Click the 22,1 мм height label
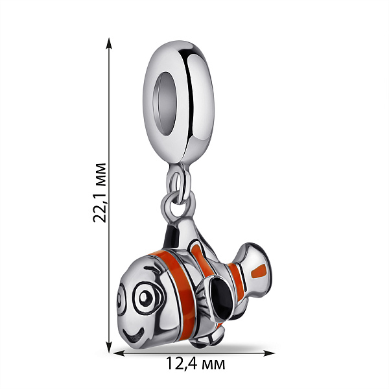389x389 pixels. [100, 193]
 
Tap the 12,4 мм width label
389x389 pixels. [196, 364]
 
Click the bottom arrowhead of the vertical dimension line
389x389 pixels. [109, 346]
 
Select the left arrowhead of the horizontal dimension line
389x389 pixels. [119, 353]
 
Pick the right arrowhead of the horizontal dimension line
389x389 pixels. [268, 353]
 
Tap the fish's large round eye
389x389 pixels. [146, 298]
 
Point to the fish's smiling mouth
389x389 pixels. [134, 335]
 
